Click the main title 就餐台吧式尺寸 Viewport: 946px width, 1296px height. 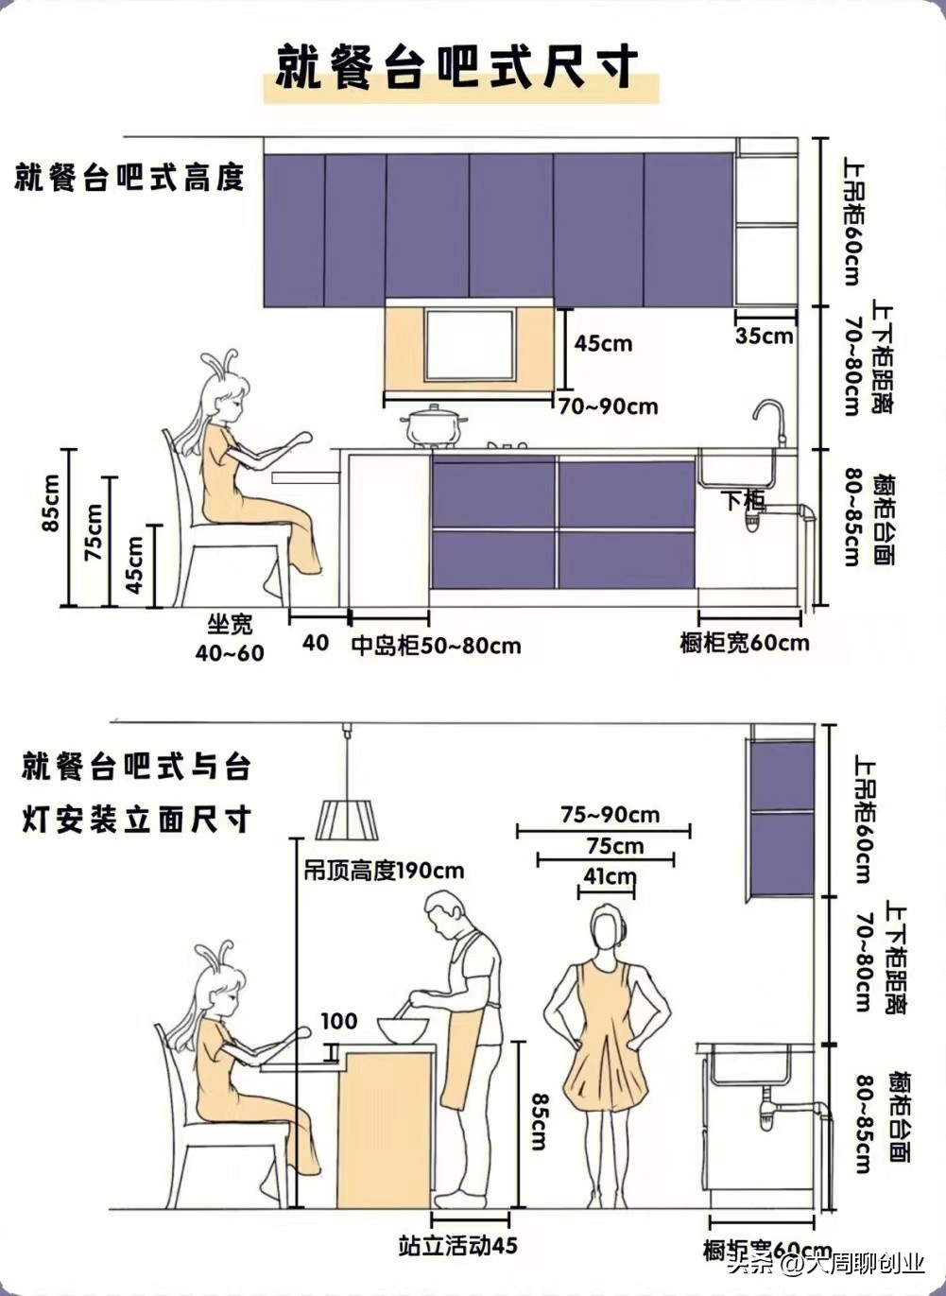(456, 67)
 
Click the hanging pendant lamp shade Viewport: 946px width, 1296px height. (348, 819)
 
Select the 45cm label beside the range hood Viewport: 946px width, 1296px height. (603, 343)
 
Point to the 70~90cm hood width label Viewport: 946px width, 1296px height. (609, 406)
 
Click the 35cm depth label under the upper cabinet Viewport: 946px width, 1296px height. (765, 336)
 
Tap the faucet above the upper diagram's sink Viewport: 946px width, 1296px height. (771, 421)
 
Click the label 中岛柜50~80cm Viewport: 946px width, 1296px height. (436, 646)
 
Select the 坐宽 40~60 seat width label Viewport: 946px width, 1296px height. (230, 639)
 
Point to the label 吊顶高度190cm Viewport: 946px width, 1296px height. (384, 870)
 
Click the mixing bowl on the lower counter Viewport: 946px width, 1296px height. (403, 1029)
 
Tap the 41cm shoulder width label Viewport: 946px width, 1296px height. (609, 876)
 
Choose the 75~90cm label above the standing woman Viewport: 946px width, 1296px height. (611, 815)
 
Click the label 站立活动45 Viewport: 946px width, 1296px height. (457, 1246)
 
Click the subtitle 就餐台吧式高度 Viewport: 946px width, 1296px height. (129, 177)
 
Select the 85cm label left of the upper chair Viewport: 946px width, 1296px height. (50, 503)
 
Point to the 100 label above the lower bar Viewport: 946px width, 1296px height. (338, 1021)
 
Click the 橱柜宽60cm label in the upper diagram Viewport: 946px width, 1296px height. (745, 643)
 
